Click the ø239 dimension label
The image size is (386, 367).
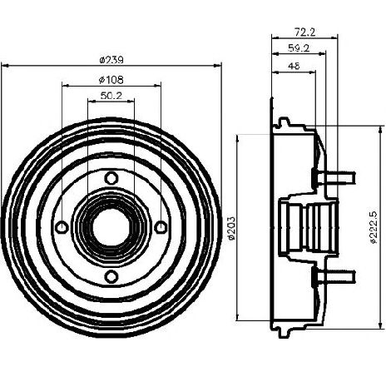point(111,60)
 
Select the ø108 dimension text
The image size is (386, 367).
point(111,80)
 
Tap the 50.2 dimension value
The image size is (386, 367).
point(111,96)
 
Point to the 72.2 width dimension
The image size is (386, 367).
point(304,32)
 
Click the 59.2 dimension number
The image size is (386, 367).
point(299,48)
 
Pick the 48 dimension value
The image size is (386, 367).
point(294,66)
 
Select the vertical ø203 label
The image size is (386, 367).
point(231,228)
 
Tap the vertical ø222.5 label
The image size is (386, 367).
point(374,227)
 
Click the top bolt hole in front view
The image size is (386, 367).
point(111,178)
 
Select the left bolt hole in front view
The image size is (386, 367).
point(62,227)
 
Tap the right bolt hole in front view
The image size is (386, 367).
point(161,227)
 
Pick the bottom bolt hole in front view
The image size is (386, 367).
point(111,277)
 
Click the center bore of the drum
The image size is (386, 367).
point(110,228)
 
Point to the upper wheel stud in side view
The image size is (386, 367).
point(334,178)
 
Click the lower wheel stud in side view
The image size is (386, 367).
point(334,277)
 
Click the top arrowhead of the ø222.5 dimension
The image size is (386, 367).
point(380,129)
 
